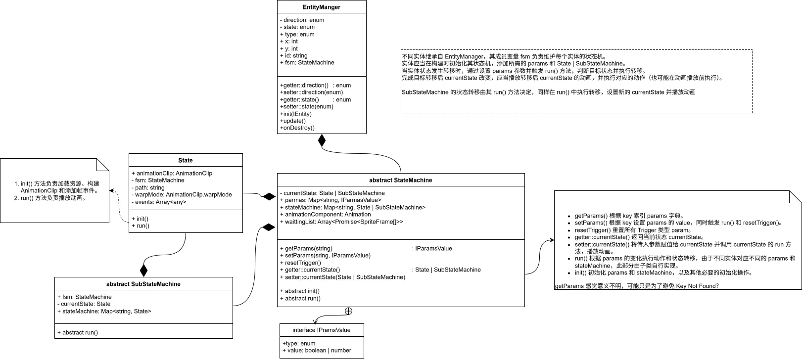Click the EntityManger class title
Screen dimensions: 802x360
[322, 7]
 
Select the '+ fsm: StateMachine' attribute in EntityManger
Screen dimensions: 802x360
[307, 63]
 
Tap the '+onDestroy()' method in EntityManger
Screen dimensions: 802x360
[297, 128]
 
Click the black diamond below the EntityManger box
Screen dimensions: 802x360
[322, 140]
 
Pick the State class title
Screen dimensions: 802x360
[186, 160]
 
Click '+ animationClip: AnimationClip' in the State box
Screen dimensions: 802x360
[172, 173]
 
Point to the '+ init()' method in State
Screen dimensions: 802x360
[140, 219]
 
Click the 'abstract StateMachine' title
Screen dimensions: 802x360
[401, 180]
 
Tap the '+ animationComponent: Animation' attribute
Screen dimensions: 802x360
[326, 214]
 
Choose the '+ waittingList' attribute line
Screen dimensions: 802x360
[341, 222]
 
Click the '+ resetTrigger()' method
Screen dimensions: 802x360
[300, 263]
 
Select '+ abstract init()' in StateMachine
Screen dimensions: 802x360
[300, 291]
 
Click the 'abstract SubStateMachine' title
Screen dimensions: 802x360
[143, 284]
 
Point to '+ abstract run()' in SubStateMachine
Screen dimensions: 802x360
[78, 332]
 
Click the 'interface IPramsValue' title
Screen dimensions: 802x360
[322, 330]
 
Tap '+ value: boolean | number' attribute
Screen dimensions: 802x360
[317, 350]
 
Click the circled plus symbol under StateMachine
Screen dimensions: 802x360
[348, 311]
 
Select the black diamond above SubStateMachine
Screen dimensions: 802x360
[143, 270]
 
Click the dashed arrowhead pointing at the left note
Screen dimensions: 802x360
[112, 191]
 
